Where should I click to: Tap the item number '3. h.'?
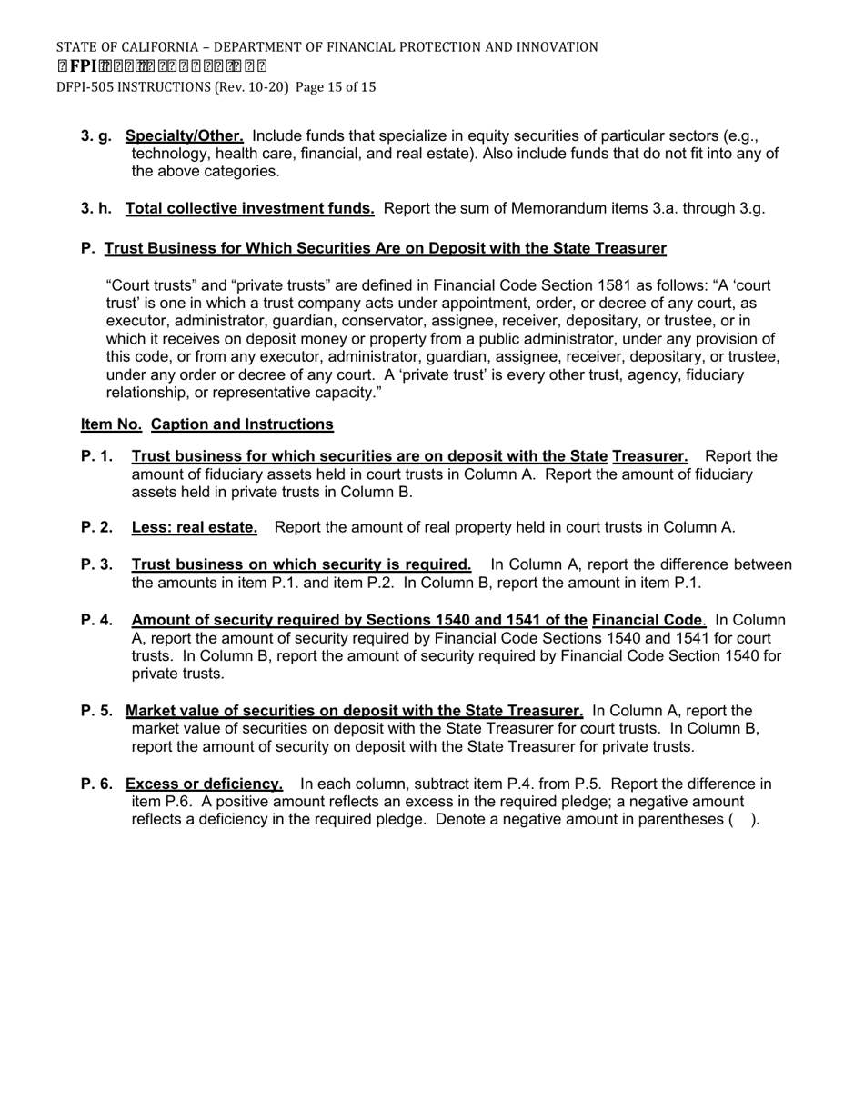(x=96, y=209)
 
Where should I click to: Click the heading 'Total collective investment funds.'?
(x=249, y=209)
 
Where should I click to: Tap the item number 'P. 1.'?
(x=96, y=456)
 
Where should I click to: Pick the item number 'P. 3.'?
(x=96, y=564)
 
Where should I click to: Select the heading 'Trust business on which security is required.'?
(x=301, y=564)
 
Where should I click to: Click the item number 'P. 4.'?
(x=96, y=621)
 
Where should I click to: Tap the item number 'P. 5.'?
(x=96, y=711)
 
